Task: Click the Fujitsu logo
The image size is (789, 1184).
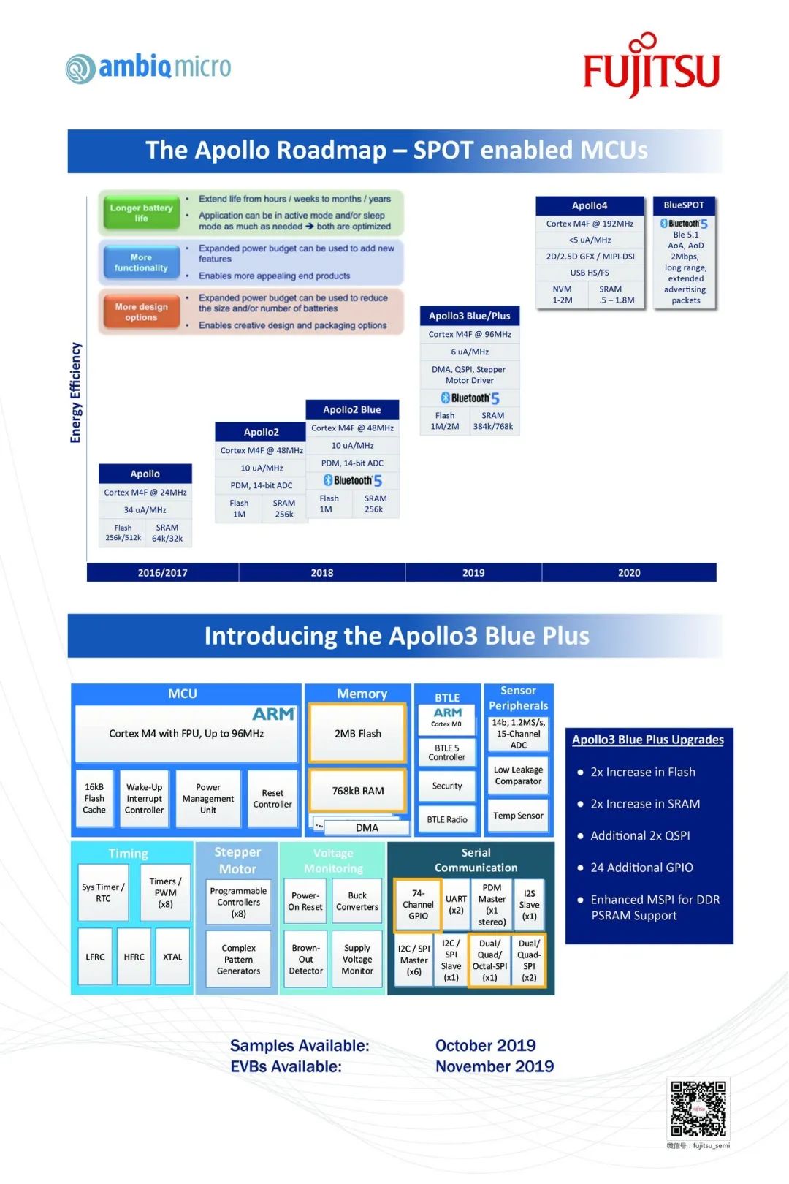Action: [651, 66]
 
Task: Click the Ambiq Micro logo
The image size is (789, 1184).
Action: [148, 68]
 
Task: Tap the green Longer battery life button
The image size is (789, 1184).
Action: [141, 213]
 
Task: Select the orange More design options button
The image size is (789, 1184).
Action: [141, 312]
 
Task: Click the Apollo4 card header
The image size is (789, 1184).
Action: [590, 205]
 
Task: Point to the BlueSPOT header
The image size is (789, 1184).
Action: [684, 205]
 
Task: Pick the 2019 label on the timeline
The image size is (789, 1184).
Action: [473, 572]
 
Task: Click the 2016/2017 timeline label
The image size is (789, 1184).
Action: [163, 572]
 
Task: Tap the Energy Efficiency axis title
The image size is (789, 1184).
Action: [75, 392]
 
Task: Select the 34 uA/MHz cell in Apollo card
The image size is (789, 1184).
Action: [145, 510]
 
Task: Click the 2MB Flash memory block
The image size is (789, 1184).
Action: [358, 733]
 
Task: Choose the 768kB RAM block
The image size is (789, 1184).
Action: [358, 791]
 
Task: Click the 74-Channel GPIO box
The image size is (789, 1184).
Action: [418, 904]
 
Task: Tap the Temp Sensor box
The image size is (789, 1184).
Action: [518, 816]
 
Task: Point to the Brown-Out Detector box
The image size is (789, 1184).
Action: [305, 960]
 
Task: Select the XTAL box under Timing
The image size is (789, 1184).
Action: [172, 957]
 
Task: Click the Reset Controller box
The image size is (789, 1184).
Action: [272, 798]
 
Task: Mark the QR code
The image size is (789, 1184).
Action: [698, 1108]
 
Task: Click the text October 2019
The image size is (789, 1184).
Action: [486, 1045]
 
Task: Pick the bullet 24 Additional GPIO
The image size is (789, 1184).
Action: [641, 868]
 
